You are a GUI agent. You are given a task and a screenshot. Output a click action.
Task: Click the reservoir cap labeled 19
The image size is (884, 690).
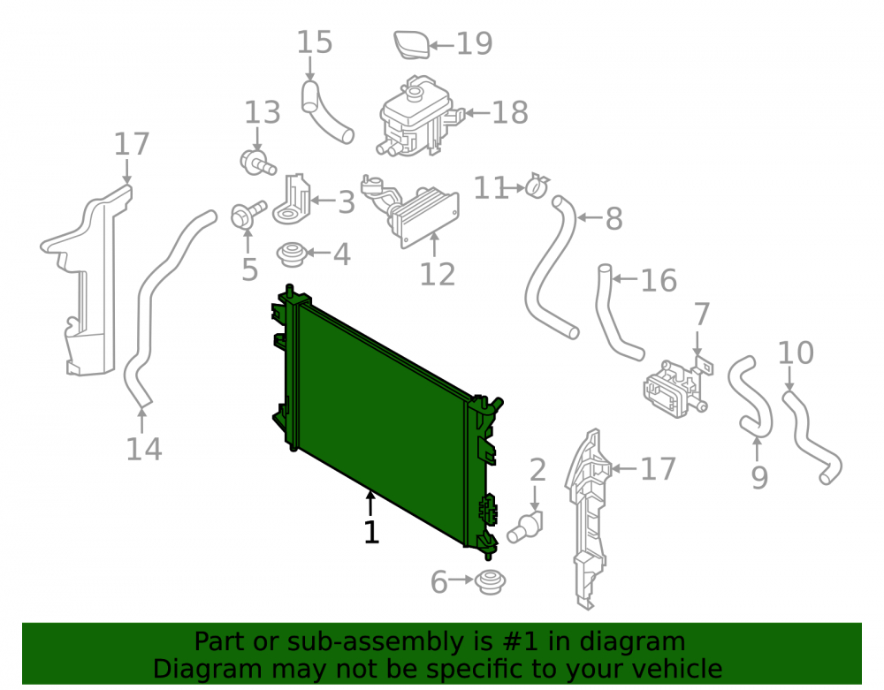tap(412, 45)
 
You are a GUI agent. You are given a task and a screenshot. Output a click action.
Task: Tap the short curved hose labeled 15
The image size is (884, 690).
tap(326, 113)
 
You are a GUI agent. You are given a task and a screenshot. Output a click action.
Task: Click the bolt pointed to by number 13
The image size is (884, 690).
tap(257, 163)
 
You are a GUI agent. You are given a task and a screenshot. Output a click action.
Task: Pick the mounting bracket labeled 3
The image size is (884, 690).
tap(293, 200)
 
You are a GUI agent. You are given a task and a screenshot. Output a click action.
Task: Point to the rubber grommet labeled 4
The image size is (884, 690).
tap(292, 254)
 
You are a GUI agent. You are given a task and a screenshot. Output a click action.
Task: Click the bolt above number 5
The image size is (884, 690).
tap(248, 214)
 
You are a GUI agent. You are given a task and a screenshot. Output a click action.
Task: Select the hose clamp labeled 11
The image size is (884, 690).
tap(537, 186)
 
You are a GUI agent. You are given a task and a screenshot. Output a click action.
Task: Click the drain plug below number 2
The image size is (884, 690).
tap(524, 527)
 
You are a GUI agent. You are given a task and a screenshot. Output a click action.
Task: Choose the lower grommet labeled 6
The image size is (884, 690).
tap(490, 582)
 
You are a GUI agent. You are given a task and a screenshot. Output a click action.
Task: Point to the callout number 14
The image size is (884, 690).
tap(144, 449)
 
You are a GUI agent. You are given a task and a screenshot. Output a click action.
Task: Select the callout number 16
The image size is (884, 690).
tap(659, 280)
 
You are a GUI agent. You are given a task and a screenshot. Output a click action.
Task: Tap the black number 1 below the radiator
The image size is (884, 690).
tap(371, 532)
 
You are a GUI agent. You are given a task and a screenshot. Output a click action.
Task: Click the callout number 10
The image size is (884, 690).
tap(796, 353)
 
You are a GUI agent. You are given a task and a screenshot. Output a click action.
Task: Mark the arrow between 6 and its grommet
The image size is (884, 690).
tap(461, 580)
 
